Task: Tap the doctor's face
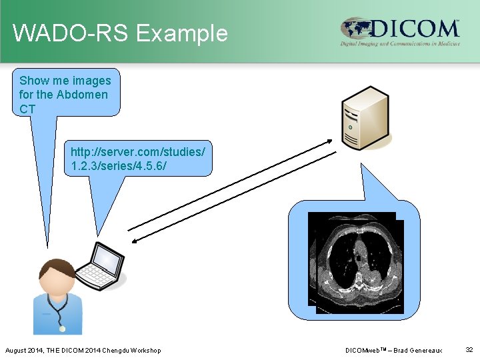point(58,279)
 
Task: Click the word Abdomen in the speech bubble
point(81,94)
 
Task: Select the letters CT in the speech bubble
point(27,108)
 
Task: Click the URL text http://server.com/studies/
point(138,152)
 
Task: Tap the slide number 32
point(469,349)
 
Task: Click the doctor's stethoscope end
point(62,328)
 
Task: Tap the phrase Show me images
point(65,81)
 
